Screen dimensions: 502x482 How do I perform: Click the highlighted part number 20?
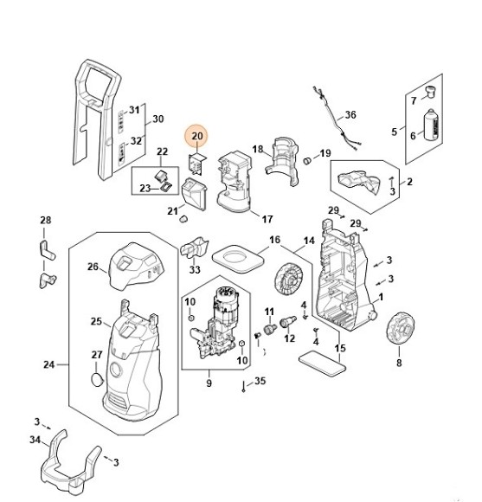point(197,136)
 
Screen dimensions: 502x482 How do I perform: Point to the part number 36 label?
point(350,114)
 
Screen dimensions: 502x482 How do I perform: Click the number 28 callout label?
point(46,221)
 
